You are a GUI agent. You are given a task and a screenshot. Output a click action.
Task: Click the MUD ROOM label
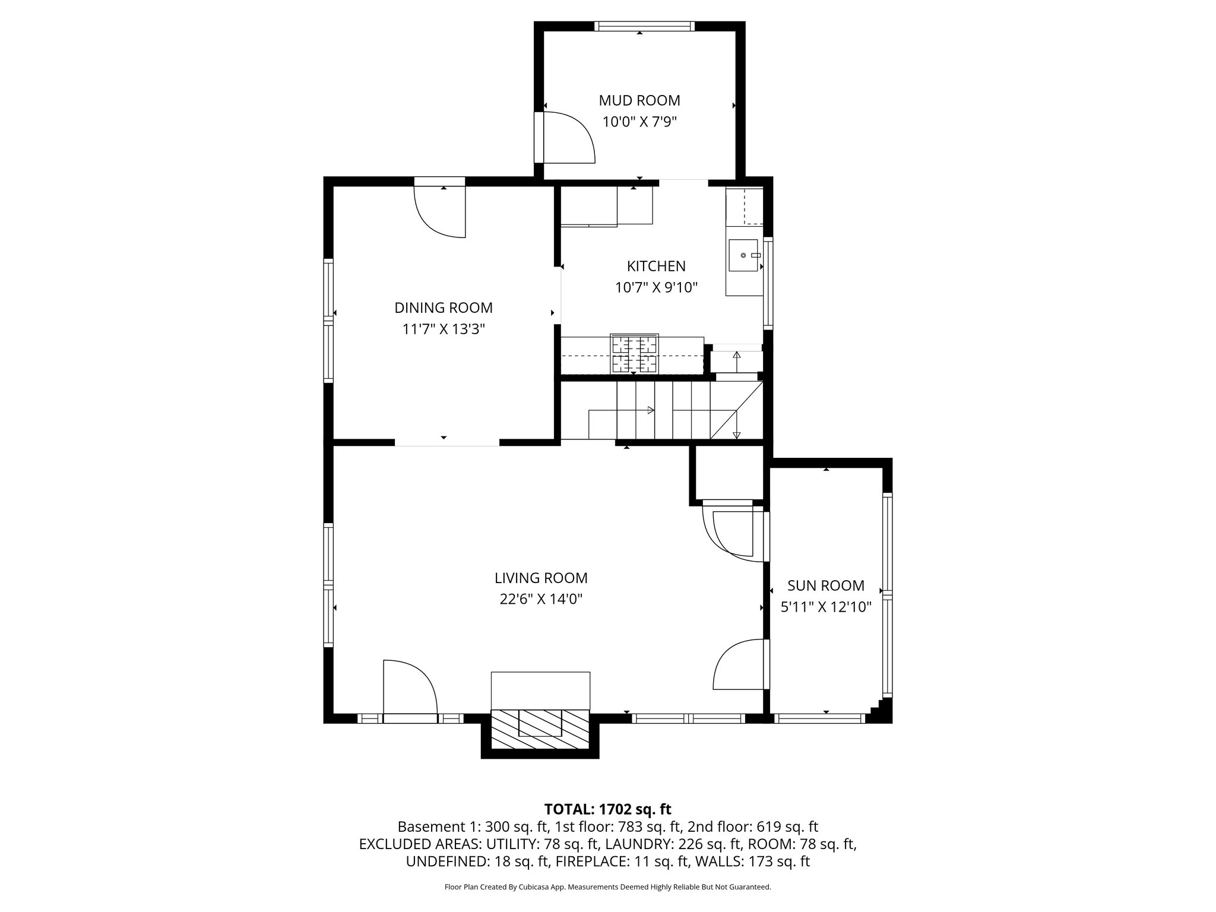tap(639, 100)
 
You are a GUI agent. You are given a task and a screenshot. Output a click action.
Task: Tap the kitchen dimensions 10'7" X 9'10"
tap(655, 288)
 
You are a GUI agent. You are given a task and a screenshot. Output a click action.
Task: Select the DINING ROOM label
tap(443, 308)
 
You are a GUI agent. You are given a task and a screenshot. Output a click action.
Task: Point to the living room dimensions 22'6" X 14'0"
tap(540, 599)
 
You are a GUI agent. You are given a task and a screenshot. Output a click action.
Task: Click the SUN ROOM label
tap(825, 585)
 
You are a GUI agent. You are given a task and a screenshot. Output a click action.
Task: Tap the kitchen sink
tap(743, 255)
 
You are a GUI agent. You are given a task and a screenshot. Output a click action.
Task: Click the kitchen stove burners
tap(634, 353)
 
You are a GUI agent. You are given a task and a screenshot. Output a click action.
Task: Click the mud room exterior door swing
tap(567, 138)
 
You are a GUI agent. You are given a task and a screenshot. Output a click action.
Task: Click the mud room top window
tap(644, 26)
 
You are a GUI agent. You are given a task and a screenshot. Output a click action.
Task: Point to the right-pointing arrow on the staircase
tap(650, 410)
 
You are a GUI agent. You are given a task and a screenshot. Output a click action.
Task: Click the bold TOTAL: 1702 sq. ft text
tap(607, 809)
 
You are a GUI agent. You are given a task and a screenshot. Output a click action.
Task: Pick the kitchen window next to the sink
tap(768, 283)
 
